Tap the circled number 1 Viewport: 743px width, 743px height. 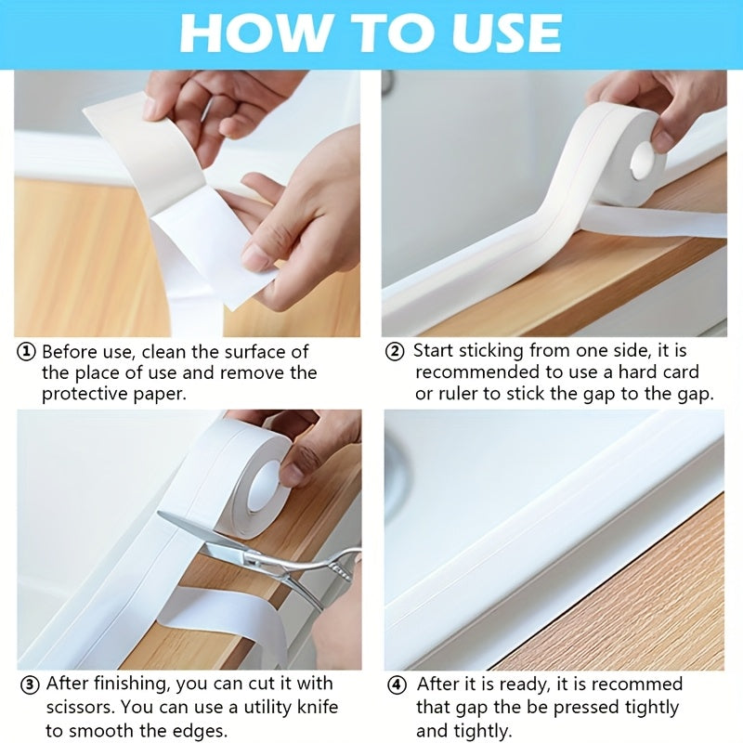(x=28, y=352)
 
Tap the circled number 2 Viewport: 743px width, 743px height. (x=396, y=351)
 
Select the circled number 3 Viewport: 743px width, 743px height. (x=29, y=684)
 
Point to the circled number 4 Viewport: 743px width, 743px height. (x=398, y=684)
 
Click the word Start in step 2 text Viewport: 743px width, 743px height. (x=437, y=351)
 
